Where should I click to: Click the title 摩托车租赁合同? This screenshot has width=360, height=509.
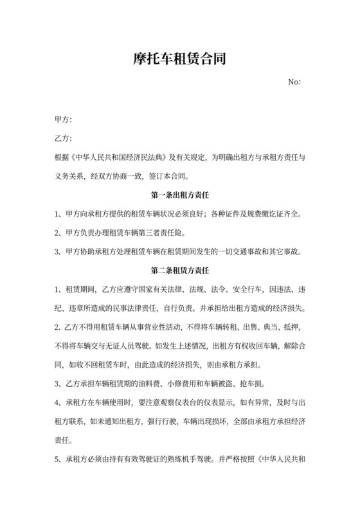(179, 60)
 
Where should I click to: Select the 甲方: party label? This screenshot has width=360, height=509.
(63, 120)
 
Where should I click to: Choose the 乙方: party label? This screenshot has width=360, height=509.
(63, 138)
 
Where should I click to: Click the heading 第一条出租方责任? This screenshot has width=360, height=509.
(179, 194)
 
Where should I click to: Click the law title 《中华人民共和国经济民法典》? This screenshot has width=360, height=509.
(122, 157)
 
